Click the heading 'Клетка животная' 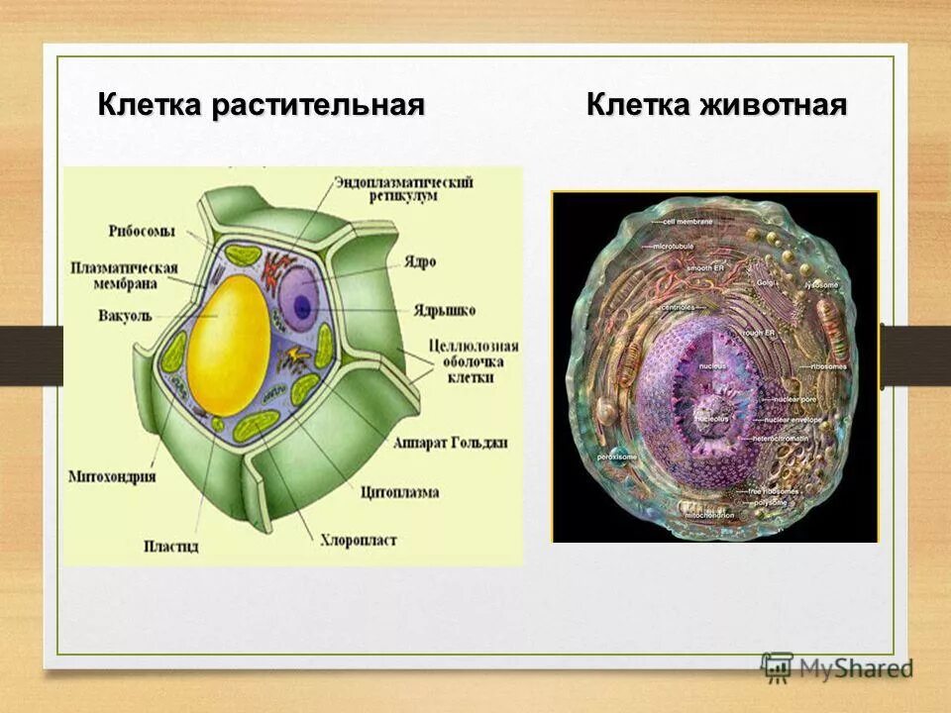(x=716, y=105)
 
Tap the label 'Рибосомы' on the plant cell (x=143, y=232)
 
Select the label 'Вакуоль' (x=125, y=317)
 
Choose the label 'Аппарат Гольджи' (x=450, y=443)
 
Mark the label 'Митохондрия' (x=112, y=476)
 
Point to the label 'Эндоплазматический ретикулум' (x=403, y=189)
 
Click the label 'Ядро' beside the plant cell (x=418, y=263)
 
